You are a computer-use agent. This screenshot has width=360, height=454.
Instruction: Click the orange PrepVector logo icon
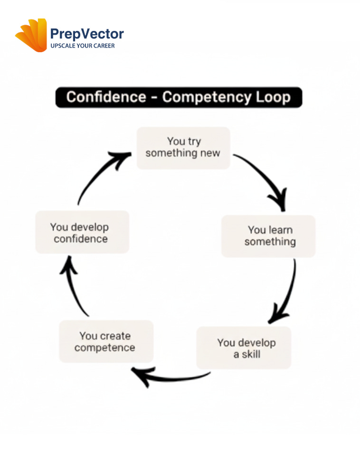click(32, 35)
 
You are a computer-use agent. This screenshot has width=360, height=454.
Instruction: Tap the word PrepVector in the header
click(87, 34)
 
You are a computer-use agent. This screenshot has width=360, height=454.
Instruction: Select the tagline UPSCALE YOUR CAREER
click(83, 46)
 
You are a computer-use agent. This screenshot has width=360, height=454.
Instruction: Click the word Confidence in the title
click(106, 97)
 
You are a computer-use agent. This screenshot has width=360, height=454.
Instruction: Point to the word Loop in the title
click(272, 97)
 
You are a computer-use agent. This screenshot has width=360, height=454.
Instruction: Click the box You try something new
click(183, 147)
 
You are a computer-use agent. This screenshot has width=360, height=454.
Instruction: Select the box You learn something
click(269, 236)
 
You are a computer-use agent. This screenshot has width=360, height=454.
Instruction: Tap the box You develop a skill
click(244, 348)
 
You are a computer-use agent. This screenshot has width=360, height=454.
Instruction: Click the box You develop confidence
click(82, 233)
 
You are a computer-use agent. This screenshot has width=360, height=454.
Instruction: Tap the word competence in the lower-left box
click(104, 348)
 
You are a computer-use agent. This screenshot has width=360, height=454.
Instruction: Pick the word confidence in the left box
click(81, 239)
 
